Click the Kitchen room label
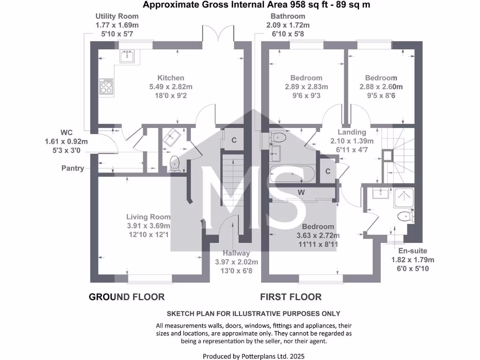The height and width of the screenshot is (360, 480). [171, 78]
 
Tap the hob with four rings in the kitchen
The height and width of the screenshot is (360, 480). [106, 87]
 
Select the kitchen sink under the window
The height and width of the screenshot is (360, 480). [127, 57]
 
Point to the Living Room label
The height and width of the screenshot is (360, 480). [148, 217]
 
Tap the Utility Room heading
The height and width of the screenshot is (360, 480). [117, 16]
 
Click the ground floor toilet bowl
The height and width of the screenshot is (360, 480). [175, 163]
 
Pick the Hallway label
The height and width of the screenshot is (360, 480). [236, 253]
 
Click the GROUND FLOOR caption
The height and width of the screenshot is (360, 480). [127, 297]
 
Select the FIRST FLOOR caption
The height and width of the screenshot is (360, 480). [291, 297]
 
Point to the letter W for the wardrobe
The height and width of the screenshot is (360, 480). [301, 192]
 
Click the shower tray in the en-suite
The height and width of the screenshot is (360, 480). [404, 198]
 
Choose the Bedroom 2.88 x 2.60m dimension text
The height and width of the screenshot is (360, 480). [381, 87]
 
